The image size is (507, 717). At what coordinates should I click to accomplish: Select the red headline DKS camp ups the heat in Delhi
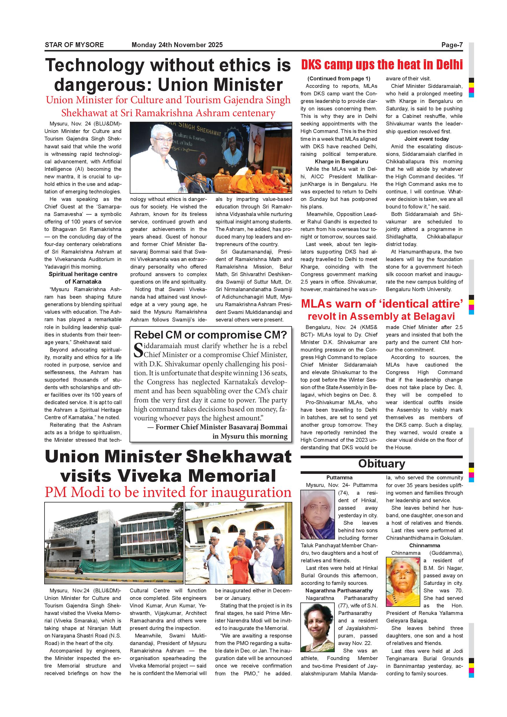click(382, 65)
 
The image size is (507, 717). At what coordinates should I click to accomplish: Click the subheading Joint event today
click(426, 139)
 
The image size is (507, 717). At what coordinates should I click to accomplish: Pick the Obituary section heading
click(382, 464)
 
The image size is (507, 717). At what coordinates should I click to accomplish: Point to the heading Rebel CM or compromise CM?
click(210, 335)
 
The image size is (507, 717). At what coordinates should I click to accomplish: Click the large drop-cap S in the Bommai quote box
click(138, 350)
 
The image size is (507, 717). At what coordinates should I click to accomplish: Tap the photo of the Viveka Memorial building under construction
click(114, 543)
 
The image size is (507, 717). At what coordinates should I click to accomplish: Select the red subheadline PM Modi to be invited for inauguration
click(168, 492)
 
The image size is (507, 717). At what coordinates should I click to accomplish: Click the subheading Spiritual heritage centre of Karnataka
click(83, 278)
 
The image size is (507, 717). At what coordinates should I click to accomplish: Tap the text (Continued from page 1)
click(338, 79)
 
